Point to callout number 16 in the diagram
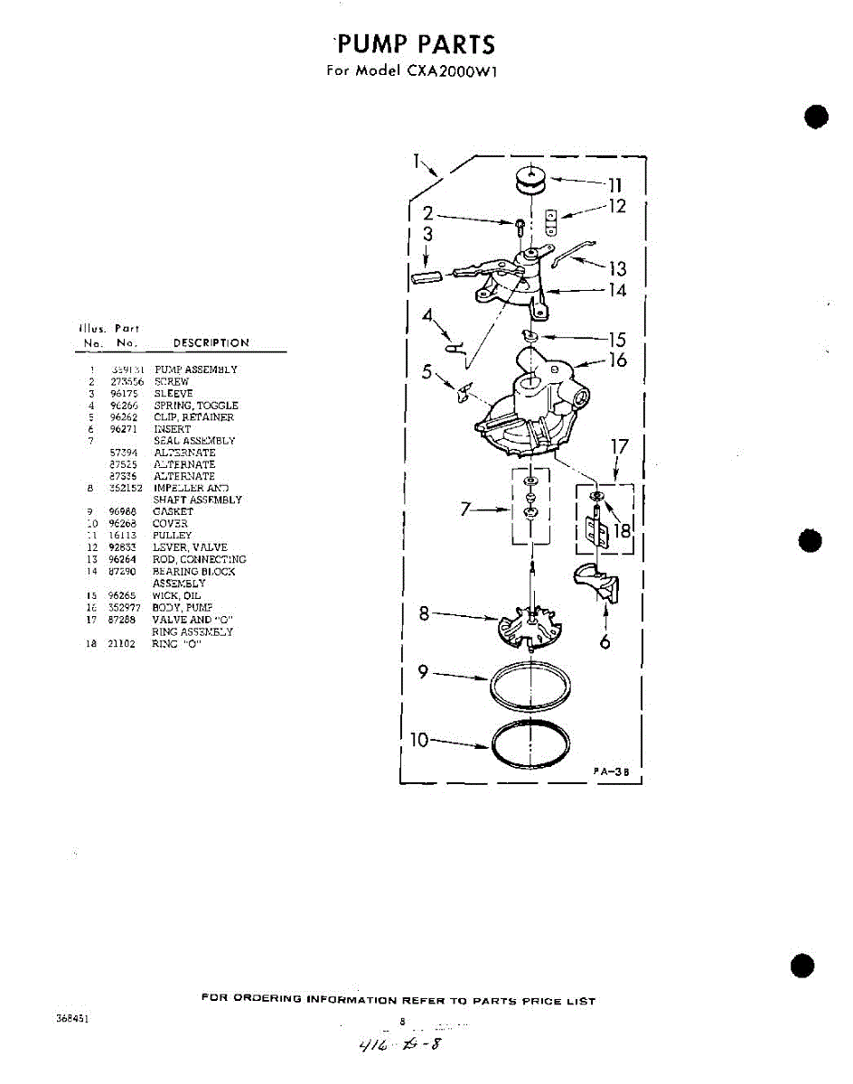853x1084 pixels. (617, 360)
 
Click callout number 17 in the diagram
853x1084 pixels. (619, 447)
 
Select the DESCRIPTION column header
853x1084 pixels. (211, 343)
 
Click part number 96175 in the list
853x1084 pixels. (122, 394)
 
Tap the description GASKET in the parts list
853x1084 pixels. (173, 511)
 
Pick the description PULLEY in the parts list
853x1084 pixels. (172, 535)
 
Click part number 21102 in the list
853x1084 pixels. (122, 644)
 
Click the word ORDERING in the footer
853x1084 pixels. (268, 1000)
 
